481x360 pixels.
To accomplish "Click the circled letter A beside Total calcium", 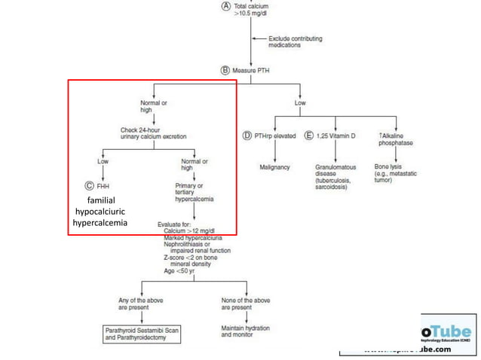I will [x=225, y=5].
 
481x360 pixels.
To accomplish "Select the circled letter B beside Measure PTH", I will [x=225, y=69].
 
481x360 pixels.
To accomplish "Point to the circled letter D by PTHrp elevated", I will [x=246, y=136].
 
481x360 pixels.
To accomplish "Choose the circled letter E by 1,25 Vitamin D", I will [x=309, y=136].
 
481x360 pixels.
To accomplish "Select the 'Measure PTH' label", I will [x=253, y=69].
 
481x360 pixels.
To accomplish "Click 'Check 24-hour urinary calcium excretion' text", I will [x=154, y=133].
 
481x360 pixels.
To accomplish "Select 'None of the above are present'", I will [x=245, y=304].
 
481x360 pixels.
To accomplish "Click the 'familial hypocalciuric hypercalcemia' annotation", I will [x=100, y=212].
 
